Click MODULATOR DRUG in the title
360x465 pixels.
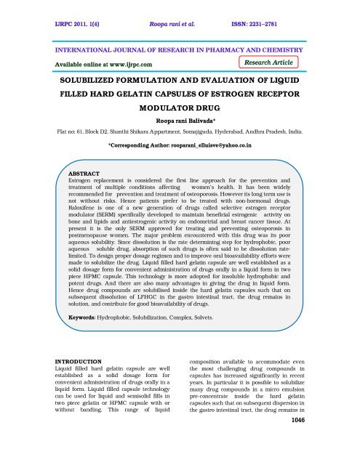179,116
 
